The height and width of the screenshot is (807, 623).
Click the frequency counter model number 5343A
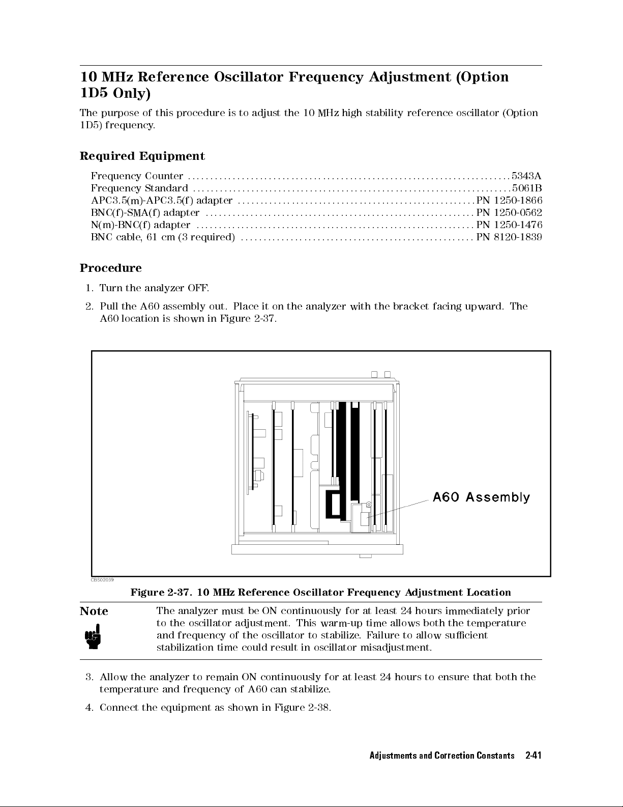526,176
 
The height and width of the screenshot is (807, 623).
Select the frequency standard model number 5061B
526,188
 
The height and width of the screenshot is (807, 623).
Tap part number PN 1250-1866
509,201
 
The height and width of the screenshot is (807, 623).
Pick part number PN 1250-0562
509,213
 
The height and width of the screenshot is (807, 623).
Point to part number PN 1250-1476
509,225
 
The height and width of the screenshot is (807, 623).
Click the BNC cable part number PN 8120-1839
509,237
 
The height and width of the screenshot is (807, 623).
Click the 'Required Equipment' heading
142,156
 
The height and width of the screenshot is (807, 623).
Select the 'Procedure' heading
111,268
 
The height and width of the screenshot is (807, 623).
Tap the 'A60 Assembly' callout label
481,497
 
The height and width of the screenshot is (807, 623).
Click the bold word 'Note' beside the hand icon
94,611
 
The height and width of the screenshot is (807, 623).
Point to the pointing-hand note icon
93,637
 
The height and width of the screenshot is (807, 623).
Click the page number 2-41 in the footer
533,755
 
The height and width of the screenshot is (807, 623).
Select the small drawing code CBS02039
102,579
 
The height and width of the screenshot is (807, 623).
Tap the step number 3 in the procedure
90,677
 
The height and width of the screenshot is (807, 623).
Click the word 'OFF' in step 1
196,288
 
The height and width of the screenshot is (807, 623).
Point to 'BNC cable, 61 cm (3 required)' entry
163,237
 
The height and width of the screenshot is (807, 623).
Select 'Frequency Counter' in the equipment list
137,176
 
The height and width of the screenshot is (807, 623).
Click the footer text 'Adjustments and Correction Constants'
441,755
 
